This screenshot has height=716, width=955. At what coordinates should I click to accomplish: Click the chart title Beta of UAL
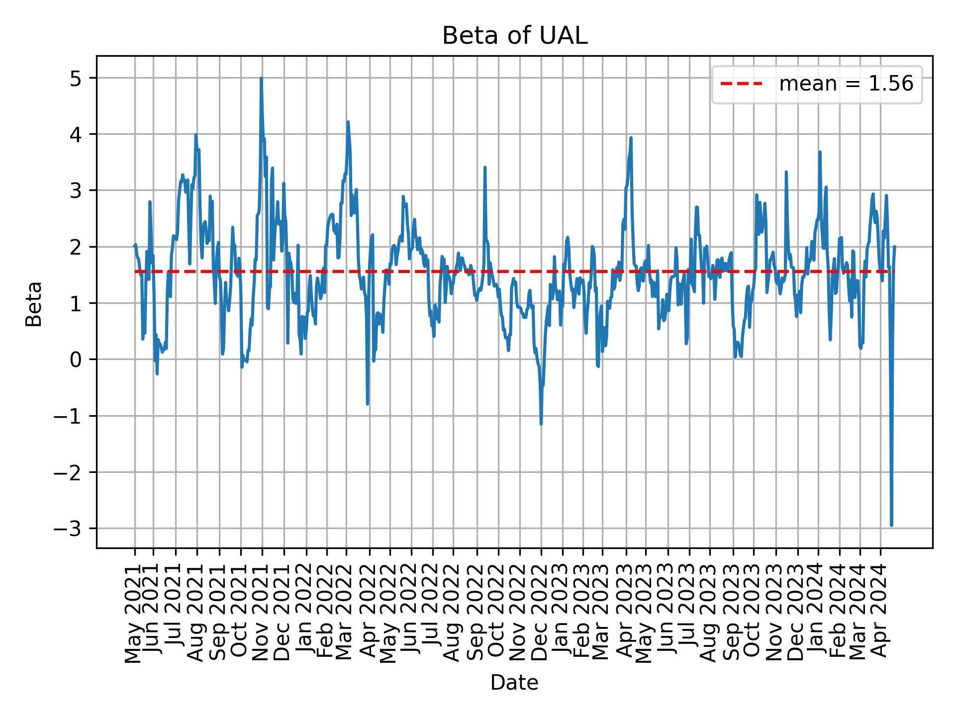(514, 36)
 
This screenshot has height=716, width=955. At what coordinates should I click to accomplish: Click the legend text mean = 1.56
(846, 84)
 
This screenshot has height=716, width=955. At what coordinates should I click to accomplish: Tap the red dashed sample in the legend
(741, 84)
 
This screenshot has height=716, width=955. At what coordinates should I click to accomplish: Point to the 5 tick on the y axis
(76, 78)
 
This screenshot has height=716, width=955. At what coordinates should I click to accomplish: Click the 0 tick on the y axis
(76, 359)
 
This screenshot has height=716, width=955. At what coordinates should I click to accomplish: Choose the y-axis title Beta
(34, 303)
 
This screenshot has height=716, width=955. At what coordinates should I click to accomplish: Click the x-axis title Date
(514, 683)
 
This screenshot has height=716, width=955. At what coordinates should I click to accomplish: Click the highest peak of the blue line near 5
(261, 79)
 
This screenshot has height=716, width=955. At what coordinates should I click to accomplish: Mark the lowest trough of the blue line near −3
(891, 525)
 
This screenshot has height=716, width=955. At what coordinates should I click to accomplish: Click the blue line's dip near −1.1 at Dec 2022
(541, 424)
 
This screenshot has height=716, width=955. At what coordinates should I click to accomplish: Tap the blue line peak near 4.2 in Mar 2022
(348, 122)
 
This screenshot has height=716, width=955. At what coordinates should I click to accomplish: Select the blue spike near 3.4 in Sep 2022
(485, 168)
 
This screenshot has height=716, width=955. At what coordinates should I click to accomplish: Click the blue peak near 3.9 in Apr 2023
(631, 138)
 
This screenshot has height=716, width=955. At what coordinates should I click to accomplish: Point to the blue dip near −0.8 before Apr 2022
(368, 404)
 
